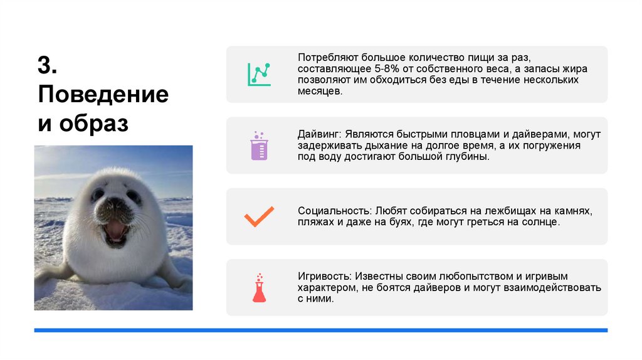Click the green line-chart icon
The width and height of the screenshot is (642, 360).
[x=258, y=74]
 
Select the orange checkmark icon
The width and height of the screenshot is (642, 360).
[x=258, y=216]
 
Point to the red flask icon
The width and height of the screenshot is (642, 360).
[x=258, y=288]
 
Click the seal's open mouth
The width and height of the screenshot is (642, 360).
[x=115, y=230]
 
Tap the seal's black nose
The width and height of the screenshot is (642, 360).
[x=115, y=204]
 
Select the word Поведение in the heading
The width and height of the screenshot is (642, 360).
[x=103, y=95]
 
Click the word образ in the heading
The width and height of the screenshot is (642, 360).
[x=93, y=124]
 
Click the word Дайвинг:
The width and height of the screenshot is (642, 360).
[x=319, y=134]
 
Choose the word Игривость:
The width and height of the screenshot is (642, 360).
[x=326, y=276]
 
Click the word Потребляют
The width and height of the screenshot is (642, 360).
[x=327, y=58]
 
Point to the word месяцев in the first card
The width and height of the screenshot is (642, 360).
[x=319, y=92]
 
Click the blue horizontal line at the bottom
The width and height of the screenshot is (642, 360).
[x=320, y=330]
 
